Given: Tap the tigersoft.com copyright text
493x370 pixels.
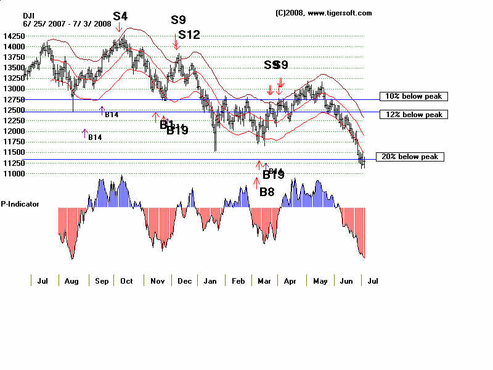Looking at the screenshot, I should coord(324,13).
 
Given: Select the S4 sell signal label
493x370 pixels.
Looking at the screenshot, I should coord(120,16).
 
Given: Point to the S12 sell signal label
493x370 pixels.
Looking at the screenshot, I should coord(189,35).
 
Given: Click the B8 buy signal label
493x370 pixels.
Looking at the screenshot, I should coord(267,192).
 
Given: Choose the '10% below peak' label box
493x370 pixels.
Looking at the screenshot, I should coord(413,96).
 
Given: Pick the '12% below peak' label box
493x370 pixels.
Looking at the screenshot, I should coord(413,115).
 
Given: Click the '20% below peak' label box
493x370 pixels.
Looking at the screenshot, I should coord(409,157).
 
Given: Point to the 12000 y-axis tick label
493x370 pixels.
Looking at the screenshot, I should coord(14,131).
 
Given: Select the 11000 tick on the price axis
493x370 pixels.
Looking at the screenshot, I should coord(14,174).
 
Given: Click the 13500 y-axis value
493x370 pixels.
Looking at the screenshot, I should coord(14,68).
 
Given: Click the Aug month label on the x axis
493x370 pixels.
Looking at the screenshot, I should coord(71,281).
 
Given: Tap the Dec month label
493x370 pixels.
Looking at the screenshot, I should coord(184,281).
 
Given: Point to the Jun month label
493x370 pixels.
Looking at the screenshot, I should coord(346,281).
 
